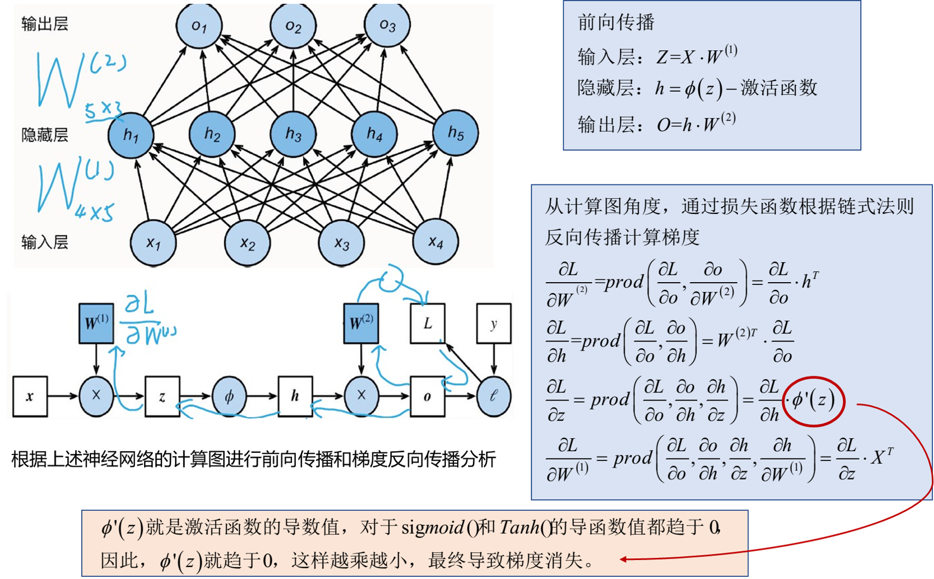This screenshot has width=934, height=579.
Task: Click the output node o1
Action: (x=199, y=25)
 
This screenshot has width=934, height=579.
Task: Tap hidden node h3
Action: (x=294, y=134)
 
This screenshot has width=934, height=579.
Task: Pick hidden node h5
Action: (x=456, y=133)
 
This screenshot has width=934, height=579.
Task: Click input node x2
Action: (x=247, y=243)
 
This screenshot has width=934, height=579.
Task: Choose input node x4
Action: (x=435, y=242)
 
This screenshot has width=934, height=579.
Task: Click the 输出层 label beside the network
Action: (x=45, y=24)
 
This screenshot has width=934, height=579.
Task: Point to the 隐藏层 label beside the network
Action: (x=45, y=135)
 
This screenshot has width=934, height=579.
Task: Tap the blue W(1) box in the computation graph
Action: (x=97, y=323)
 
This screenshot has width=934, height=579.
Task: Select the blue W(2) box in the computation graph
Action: (x=361, y=323)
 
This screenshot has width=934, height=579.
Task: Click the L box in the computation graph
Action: (x=427, y=323)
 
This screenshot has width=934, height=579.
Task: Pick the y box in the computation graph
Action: (x=494, y=323)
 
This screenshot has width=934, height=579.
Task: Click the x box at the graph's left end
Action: (x=30, y=396)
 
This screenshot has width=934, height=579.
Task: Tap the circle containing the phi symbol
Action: (x=229, y=396)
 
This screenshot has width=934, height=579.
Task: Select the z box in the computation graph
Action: (x=162, y=396)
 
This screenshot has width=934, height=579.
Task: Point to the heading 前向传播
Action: (x=616, y=22)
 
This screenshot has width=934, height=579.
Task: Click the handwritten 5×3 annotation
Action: (x=103, y=111)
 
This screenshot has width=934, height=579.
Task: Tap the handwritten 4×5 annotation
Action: (x=95, y=212)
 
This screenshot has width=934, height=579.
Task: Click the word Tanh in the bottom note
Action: (x=519, y=527)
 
